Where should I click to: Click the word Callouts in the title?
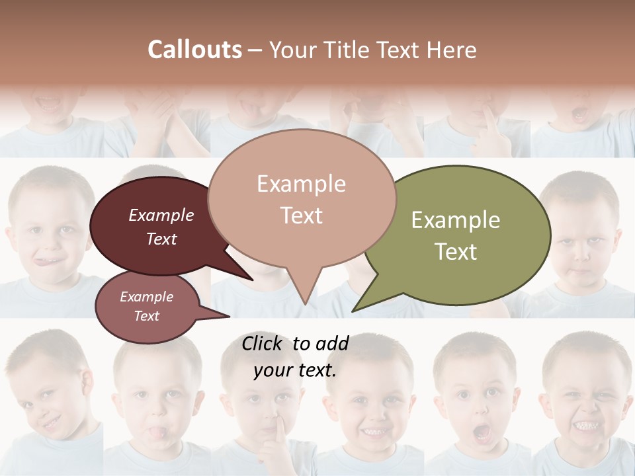pyautogui.click(x=194, y=50)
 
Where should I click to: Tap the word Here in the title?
pyautogui.click(x=451, y=50)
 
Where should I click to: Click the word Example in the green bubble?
pyautogui.click(x=456, y=220)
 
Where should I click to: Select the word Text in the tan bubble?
pyautogui.click(x=302, y=216)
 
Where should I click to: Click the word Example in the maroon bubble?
pyautogui.click(x=161, y=215)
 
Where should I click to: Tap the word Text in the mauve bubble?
pyautogui.click(x=147, y=316)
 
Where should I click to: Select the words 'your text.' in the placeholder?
pyautogui.click(x=295, y=371)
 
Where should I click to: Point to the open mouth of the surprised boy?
pyautogui.click(x=482, y=434)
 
